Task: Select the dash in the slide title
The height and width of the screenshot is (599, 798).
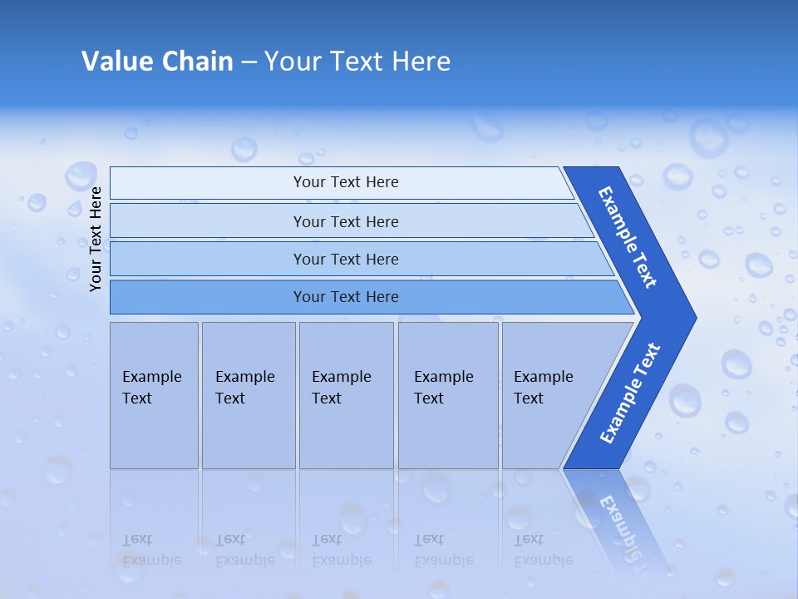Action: [249, 62]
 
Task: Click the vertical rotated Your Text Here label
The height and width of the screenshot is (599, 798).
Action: [96, 239]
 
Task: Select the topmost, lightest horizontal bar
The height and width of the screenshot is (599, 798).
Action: [345, 182]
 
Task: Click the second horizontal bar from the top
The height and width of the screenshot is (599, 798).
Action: [345, 221]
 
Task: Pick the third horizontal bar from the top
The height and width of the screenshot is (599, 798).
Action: [345, 259]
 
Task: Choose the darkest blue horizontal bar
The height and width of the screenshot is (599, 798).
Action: [345, 297]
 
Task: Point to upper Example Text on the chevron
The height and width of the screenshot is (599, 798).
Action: [628, 237]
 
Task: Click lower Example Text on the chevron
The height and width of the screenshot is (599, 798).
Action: [629, 393]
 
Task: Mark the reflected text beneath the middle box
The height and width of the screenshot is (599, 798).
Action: [341, 550]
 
